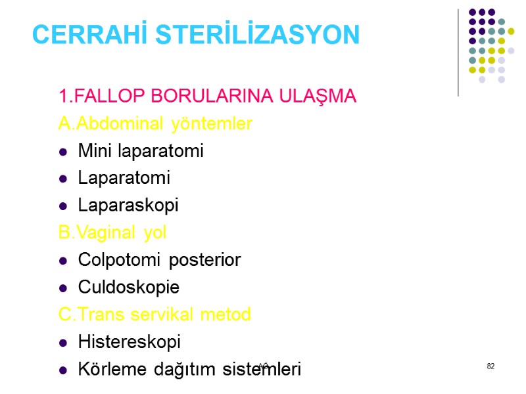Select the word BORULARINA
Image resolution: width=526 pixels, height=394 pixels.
(x=218, y=97)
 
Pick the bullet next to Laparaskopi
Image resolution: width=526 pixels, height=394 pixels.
(x=64, y=206)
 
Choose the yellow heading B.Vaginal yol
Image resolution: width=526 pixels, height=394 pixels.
(x=112, y=233)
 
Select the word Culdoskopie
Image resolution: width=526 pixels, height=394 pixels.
(x=128, y=288)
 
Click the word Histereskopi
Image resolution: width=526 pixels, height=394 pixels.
(x=129, y=342)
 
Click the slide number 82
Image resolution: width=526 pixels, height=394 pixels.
(x=490, y=366)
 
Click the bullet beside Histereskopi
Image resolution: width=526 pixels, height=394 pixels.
(x=64, y=343)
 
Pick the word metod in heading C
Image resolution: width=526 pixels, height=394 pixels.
(x=229, y=315)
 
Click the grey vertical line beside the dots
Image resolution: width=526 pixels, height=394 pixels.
(x=458, y=53)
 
